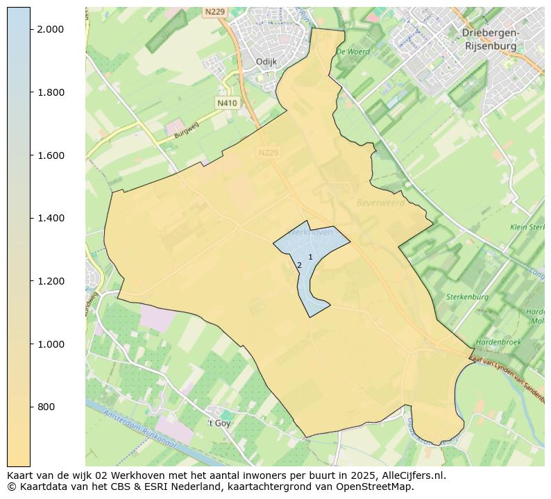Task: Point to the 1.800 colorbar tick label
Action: click(50, 92)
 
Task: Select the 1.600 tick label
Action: click(50, 155)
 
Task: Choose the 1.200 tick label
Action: click(50, 281)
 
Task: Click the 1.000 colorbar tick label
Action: click(50, 344)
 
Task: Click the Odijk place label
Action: click(266, 62)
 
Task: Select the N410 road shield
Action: click(227, 103)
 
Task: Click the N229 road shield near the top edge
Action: click(214, 12)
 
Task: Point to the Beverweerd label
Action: click(380, 203)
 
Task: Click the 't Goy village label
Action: click(219, 423)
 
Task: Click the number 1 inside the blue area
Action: click(310, 257)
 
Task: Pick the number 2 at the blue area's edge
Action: click(299, 265)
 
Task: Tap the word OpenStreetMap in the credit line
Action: click(378, 487)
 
